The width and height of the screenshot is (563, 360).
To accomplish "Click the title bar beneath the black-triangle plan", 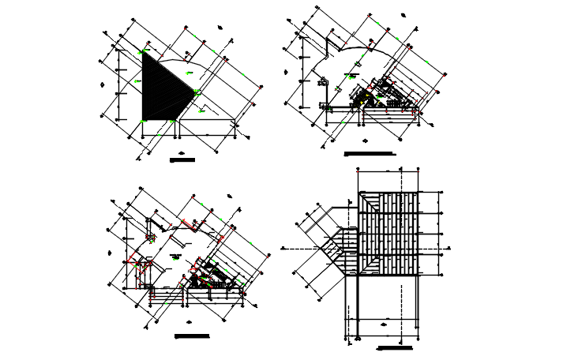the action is point(182,160).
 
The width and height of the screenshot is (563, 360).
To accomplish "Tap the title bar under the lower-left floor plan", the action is point(192,336).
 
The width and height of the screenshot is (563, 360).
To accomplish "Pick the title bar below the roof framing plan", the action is point(396,347).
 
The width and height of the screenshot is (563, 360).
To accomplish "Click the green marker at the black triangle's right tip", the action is point(196,92).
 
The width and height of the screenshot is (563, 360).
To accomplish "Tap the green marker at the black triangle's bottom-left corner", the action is point(143,120).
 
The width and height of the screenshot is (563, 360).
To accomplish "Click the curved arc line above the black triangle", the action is point(175,57).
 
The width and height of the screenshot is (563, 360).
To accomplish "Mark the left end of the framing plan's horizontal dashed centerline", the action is point(283,248).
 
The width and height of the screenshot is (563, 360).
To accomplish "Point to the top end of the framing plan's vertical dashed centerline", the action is point(402,170).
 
